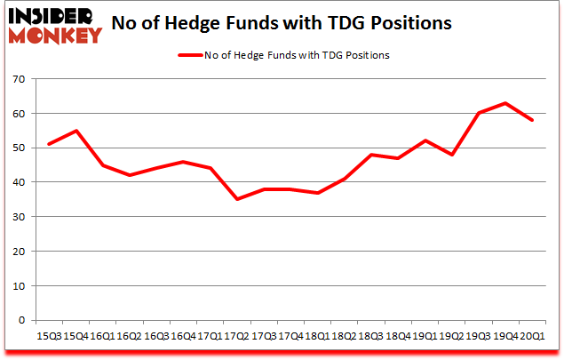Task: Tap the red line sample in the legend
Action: (x=193, y=55)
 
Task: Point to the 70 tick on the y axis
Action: (x=19, y=80)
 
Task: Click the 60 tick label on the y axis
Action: (x=19, y=114)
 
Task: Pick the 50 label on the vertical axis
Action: (x=19, y=148)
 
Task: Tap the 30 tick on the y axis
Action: (x=19, y=217)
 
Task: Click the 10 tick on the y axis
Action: (x=19, y=286)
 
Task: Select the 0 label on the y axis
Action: (x=21, y=320)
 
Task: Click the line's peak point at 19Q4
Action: (x=505, y=103)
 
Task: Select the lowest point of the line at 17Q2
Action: (x=237, y=199)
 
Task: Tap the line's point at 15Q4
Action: (x=75, y=131)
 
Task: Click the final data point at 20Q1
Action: (x=532, y=120)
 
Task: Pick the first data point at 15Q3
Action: (x=49, y=144)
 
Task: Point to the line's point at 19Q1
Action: (x=425, y=140)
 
